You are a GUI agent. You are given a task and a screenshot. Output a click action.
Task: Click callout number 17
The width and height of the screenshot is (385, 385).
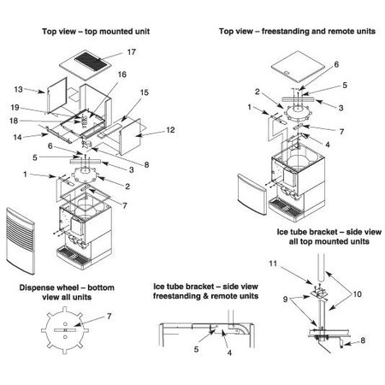tap(132, 52)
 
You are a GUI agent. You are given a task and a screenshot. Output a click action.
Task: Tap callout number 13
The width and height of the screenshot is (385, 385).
tap(18, 89)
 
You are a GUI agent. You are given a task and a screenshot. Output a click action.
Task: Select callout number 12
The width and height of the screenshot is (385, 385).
tap(170, 130)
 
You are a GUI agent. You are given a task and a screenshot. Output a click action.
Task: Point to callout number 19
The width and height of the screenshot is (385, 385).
tap(15, 108)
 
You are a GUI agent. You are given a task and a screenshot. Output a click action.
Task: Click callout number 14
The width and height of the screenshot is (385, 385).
tap(17, 137)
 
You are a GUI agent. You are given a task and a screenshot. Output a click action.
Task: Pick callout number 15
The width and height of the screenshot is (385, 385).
tap(145, 92)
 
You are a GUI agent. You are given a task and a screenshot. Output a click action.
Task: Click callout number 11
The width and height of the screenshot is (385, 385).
tap(273, 264)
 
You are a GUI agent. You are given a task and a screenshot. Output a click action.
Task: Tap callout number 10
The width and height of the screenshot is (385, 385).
tap(358, 294)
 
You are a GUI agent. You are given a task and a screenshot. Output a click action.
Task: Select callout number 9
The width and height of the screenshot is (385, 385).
tap(285, 299)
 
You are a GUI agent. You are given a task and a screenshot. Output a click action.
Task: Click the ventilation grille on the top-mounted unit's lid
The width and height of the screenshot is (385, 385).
tap(92, 61)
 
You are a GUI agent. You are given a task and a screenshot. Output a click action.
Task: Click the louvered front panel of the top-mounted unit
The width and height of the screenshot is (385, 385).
tap(21, 241)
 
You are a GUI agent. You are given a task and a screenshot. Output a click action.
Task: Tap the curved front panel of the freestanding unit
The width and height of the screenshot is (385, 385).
tap(252, 194)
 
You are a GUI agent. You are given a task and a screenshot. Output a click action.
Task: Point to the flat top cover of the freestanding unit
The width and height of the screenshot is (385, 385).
tap(299, 64)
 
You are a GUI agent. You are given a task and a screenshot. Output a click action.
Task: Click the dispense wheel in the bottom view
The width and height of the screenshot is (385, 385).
tap(65, 330)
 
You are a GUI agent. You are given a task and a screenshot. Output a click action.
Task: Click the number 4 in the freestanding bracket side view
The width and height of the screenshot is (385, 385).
tap(229, 353)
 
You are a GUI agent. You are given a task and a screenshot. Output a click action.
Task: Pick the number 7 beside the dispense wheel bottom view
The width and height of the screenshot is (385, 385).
tap(110, 317)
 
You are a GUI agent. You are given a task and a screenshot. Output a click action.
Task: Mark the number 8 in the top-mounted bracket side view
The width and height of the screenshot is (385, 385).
tap(363, 341)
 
